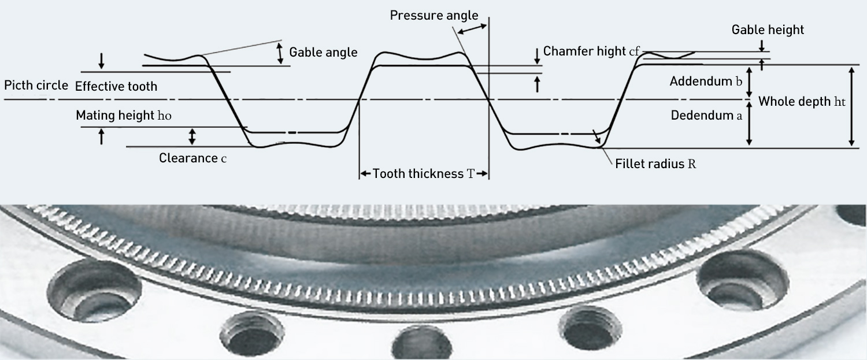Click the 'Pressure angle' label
[x=434, y=15]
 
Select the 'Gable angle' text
[x=323, y=52]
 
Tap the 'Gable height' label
[x=768, y=29]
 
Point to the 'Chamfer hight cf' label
[x=591, y=51]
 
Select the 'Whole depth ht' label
[x=802, y=102]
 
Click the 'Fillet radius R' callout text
[x=655, y=164]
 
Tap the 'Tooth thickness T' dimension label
[x=424, y=173]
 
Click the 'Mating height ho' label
[x=124, y=116]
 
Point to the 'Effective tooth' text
[x=116, y=87]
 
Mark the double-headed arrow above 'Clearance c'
[x=192, y=136]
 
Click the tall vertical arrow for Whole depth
[x=851, y=106]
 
